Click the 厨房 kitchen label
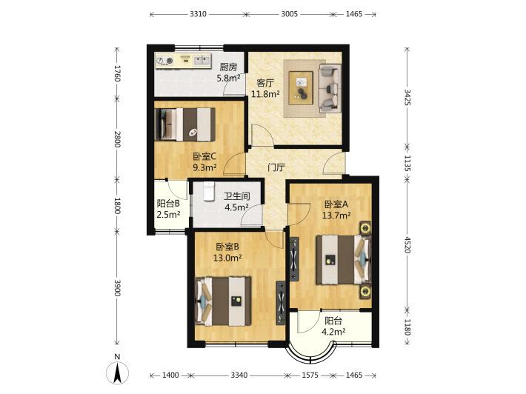pyautogui.click(x=228, y=67)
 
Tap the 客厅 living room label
pyautogui.click(x=265, y=83)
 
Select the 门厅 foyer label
pyautogui.click(x=276, y=167)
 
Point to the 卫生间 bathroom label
pyautogui.click(x=237, y=196)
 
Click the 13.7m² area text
pyautogui.click(x=336, y=216)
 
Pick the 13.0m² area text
pyautogui.click(x=227, y=258)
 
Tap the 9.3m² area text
pyautogui.click(x=204, y=167)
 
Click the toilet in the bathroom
pyautogui.click(x=209, y=192)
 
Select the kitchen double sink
pyautogui.click(x=201, y=60)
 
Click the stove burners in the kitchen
pyautogui.click(x=164, y=61)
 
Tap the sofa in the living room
pyautogui.click(x=330, y=88)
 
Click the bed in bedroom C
pyautogui.click(x=185, y=124)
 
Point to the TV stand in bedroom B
pyautogui.click(x=281, y=303)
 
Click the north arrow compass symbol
pyautogui.click(x=117, y=373)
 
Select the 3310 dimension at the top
pyautogui.click(x=198, y=14)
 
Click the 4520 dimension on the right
pyautogui.click(x=407, y=245)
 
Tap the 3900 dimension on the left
pyautogui.click(x=117, y=287)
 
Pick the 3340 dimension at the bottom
pyautogui.click(x=239, y=375)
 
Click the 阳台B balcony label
pyautogui.click(x=168, y=203)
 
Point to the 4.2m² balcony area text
pyautogui.click(x=334, y=332)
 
